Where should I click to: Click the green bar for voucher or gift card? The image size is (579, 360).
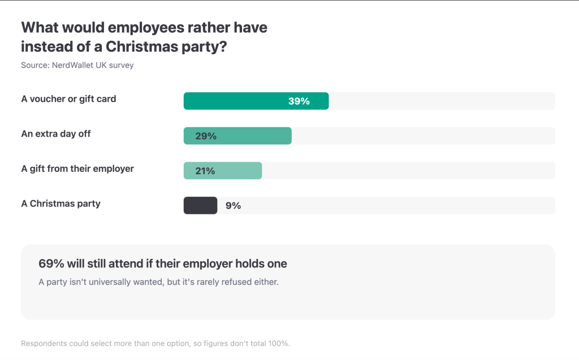click(256, 101)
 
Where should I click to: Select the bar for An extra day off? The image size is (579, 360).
click(237, 136)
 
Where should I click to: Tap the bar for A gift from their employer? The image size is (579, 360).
click(223, 171)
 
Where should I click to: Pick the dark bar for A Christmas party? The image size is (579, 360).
click(201, 205)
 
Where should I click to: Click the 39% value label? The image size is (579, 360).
click(299, 101)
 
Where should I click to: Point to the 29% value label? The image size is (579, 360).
click(206, 136)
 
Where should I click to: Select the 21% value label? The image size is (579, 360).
click(205, 171)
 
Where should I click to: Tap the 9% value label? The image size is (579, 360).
click(234, 206)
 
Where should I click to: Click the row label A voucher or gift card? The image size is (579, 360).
click(68, 99)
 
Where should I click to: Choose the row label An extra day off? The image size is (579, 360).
click(56, 134)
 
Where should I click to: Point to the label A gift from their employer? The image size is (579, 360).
click(77, 169)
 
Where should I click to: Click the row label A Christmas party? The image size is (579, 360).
click(61, 203)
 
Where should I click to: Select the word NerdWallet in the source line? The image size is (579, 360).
click(73, 66)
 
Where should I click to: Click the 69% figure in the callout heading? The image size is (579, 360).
click(51, 263)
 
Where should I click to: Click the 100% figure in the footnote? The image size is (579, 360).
click(279, 344)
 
